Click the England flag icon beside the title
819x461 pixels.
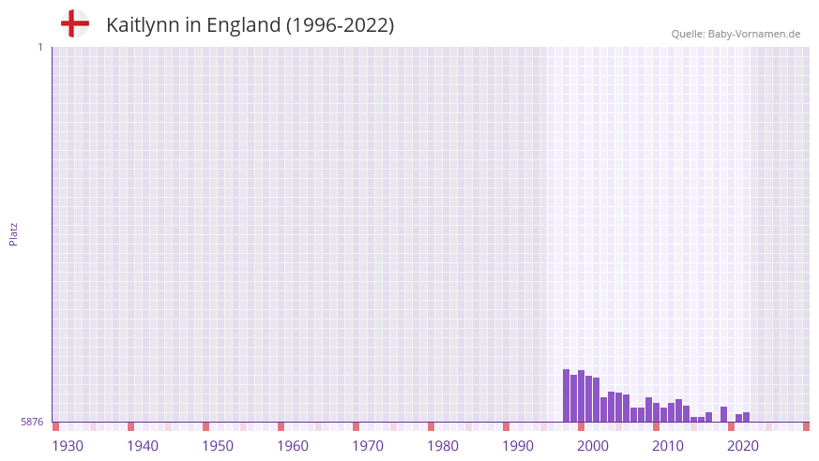point(74,23)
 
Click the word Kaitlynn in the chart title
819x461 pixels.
point(142,25)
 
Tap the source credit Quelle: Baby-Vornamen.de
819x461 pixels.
point(736,34)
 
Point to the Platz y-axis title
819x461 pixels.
point(13,233)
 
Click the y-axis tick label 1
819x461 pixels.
point(39,47)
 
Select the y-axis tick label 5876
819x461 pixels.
point(32,422)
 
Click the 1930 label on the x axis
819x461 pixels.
point(68,446)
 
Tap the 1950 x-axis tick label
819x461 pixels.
point(218,446)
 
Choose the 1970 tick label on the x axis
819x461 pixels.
point(368,446)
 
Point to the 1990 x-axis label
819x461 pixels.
point(518,446)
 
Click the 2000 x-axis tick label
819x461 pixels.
point(593,446)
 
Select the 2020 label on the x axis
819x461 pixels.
point(743,446)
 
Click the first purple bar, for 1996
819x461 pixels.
point(567,395)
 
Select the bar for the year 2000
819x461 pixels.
point(597,400)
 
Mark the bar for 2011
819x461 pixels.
point(679,410)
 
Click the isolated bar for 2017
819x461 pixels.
point(724,414)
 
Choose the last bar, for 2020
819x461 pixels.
point(747,417)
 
